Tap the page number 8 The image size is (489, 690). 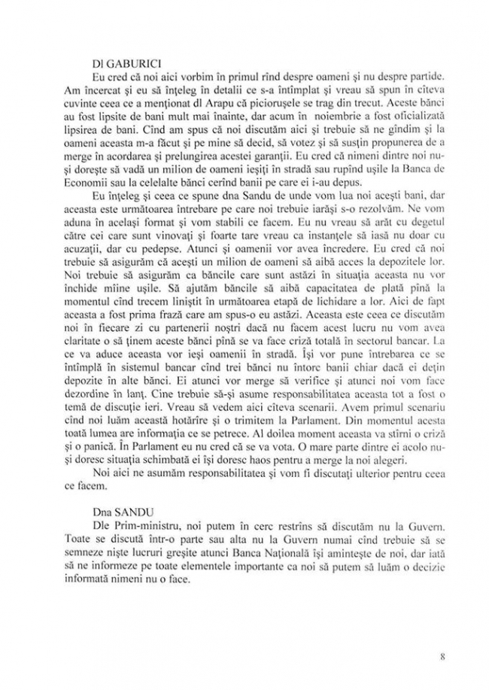tap(443, 656)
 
